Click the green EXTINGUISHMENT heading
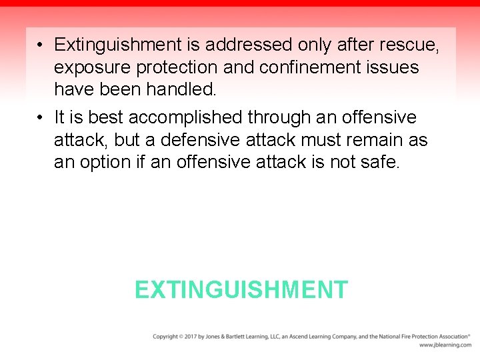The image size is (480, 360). pyautogui.click(x=241, y=290)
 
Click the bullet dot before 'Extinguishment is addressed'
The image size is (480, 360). pyautogui.click(x=41, y=45)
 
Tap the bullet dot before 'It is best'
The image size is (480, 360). pyautogui.click(x=41, y=118)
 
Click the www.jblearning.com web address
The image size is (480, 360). pyautogui.click(x=445, y=345)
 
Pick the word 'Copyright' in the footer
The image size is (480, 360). pyautogui.click(x=165, y=337)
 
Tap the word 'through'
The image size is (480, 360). pyautogui.click(x=280, y=118)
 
